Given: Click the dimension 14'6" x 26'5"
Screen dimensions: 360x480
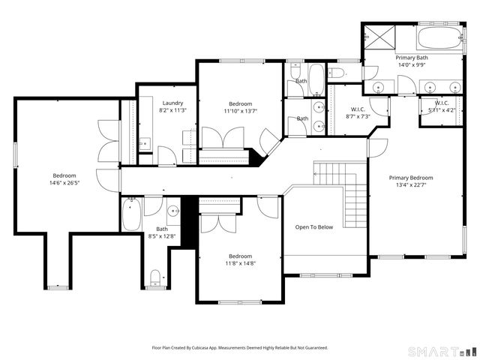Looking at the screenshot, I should [64, 183].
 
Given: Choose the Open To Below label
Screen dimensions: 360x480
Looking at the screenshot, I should [313, 226].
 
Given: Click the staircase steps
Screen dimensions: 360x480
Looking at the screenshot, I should [349, 199].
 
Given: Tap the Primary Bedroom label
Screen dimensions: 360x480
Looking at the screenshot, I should [410, 178].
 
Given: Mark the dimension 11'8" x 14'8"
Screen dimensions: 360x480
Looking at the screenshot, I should [240, 263].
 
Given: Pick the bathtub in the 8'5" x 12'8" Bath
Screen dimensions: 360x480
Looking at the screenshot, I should [131, 214].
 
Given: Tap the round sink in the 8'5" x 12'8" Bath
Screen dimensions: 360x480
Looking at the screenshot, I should [172, 211].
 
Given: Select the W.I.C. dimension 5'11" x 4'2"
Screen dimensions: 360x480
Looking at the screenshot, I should [441, 110].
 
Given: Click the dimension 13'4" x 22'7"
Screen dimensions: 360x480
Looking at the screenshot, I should [410, 186].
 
